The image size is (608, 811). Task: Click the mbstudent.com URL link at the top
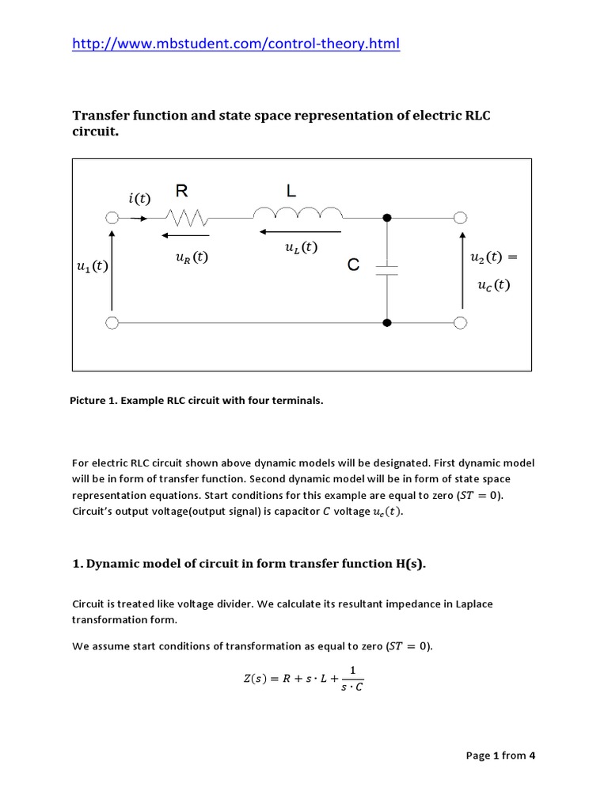(x=236, y=44)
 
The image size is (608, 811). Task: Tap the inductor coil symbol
(x=298, y=214)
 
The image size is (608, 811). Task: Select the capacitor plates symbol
(x=387, y=269)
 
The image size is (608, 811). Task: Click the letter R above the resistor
(x=182, y=190)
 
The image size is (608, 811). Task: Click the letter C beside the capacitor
(x=353, y=266)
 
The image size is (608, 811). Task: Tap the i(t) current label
(x=139, y=198)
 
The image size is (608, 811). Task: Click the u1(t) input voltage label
(x=92, y=267)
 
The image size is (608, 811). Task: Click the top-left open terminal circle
(x=112, y=218)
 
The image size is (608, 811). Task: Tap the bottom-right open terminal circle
(x=460, y=323)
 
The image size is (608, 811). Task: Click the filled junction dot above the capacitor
(x=387, y=218)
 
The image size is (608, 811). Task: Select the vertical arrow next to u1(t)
(x=112, y=269)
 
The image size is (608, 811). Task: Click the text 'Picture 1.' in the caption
(x=93, y=401)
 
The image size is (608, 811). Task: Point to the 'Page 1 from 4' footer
(x=501, y=755)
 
